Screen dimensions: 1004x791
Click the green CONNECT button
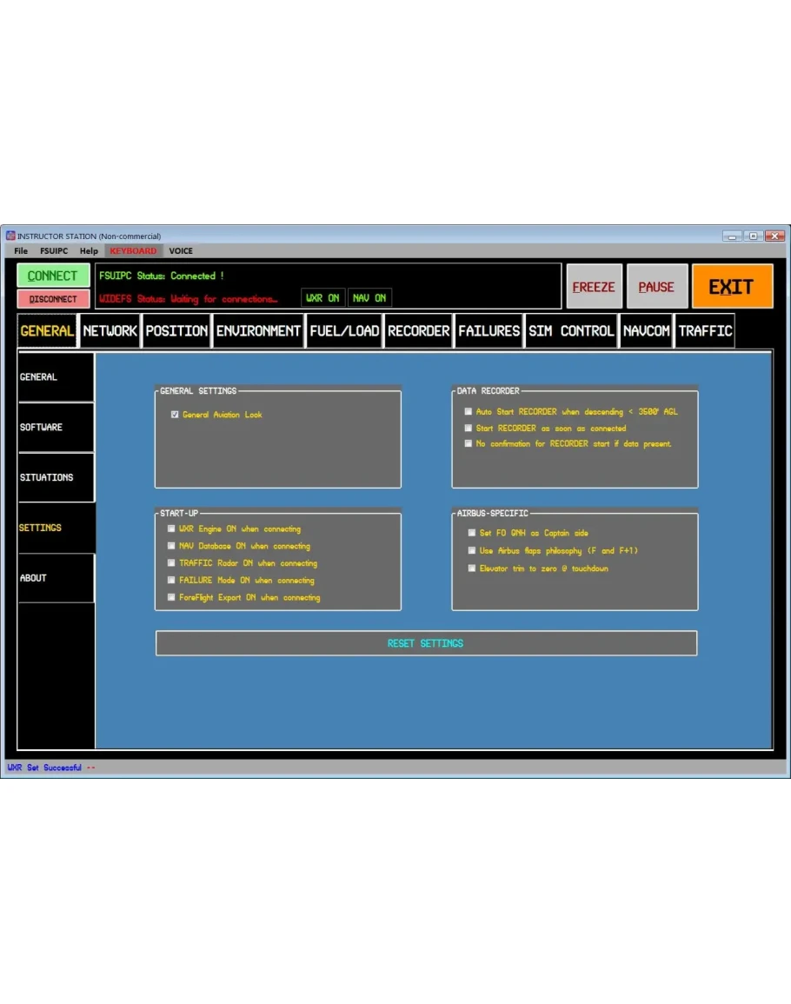coord(53,276)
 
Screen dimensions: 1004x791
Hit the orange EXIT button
coord(732,287)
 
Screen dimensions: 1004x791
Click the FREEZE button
coord(594,287)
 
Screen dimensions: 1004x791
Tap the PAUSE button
coord(656,287)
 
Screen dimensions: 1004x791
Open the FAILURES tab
coord(489,331)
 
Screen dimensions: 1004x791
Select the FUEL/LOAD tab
coord(344,331)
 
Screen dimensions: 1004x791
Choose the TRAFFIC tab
coord(705,331)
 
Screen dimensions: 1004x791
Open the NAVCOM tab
coord(647,331)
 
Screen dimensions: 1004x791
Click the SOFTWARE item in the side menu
coord(55,427)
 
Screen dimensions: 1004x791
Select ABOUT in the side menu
coord(55,578)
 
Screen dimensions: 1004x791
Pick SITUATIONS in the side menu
coord(55,477)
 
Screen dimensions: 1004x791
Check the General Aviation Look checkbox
coord(175,415)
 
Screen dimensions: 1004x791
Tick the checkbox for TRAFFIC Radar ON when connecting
coord(171,563)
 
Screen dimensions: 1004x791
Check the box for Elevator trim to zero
coord(472,568)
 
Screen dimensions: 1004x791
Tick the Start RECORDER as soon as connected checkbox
coord(469,429)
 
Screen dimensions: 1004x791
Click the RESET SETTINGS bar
coord(426,643)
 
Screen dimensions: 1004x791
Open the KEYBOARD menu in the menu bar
coord(133,251)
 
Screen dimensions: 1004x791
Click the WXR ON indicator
coord(322,298)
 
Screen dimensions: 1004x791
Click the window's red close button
coord(774,236)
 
